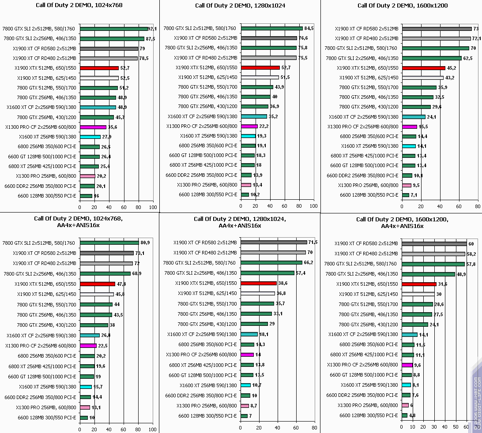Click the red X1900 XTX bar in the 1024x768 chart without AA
(x=99, y=68)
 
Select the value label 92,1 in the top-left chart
(x=153, y=29)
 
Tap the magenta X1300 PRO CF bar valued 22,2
(x=249, y=126)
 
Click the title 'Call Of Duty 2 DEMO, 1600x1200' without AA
(x=402, y=6)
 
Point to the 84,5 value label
(x=308, y=28)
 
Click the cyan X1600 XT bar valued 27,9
(x=90, y=137)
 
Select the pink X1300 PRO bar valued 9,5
(x=407, y=185)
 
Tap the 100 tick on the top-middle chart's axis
(x=313, y=206)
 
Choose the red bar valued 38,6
(x=259, y=283)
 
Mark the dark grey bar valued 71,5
(x=274, y=242)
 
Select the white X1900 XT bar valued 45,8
(x=97, y=294)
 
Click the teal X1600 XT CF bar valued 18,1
(x=249, y=334)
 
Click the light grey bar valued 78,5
(x=109, y=58)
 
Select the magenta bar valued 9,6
(x=407, y=365)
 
